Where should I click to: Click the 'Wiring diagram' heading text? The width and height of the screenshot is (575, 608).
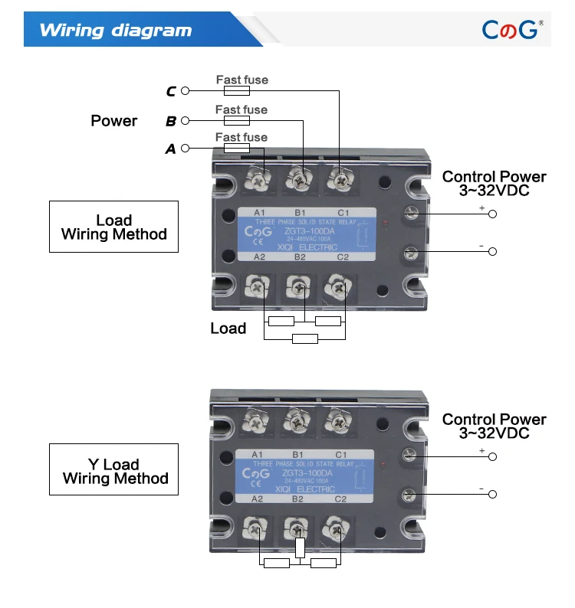[115, 31]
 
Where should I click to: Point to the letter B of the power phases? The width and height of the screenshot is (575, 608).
[171, 121]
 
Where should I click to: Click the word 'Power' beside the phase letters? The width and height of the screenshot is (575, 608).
[113, 121]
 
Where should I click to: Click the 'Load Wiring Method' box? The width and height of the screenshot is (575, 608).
[113, 227]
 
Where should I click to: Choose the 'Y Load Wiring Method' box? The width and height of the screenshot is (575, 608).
[113, 471]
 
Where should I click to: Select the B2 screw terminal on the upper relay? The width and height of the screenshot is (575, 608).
[299, 288]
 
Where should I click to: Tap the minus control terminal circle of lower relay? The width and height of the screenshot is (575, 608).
[492, 495]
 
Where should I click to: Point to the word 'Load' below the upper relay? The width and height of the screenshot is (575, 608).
[228, 329]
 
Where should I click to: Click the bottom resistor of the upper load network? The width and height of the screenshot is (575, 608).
[305, 338]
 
